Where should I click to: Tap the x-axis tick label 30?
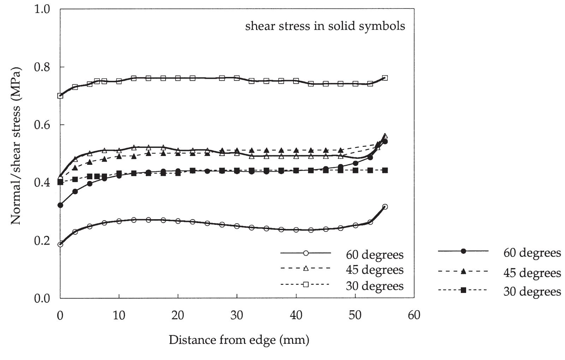(237, 315)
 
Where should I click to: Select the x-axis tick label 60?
(414, 315)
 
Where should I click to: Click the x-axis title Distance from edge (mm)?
(239, 340)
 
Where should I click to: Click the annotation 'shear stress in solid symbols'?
(325, 26)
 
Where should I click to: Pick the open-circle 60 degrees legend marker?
(306, 253)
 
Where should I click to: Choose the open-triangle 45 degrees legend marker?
(306, 269)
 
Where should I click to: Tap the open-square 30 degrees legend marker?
(306, 284)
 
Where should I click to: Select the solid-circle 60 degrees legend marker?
(463, 251)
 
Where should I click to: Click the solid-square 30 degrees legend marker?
(463, 290)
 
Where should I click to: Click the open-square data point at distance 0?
(60, 96)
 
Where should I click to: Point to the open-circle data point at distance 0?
(60, 244)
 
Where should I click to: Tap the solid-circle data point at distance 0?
(60, 205)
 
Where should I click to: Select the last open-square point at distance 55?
(385, 78)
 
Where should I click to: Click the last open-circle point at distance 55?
(385, 207)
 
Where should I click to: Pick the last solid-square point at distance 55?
(385, 170)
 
